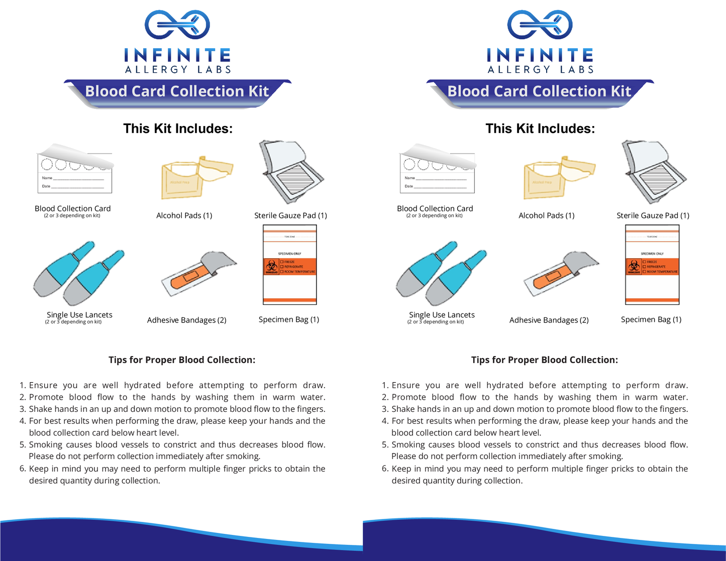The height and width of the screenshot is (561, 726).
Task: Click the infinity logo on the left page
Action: click(177, 25)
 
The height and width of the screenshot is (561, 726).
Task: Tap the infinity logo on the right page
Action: click(540, 25)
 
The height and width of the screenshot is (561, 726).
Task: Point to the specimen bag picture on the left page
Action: click(290, 265)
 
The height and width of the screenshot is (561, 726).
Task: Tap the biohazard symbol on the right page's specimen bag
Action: click(634, 267)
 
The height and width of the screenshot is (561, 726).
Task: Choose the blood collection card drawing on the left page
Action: click(75, 171)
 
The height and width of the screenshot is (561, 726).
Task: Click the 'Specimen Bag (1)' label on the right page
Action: click(651, 319)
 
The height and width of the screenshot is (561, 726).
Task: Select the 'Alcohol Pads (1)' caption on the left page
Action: click(184, 215)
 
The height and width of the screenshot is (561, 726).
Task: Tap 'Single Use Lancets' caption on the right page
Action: click(442, 315)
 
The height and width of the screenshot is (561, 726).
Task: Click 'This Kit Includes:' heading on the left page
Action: click(178, 129)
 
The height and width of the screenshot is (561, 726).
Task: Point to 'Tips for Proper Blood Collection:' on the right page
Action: click(545, 360)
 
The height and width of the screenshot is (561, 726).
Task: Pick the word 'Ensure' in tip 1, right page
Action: click(405, 385)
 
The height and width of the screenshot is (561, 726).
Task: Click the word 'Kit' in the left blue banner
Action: click(259, 91)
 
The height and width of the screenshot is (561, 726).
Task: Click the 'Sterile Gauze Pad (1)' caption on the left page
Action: click(290, 215)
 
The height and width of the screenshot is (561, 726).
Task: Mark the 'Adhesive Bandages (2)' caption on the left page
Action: click(186, 320)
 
